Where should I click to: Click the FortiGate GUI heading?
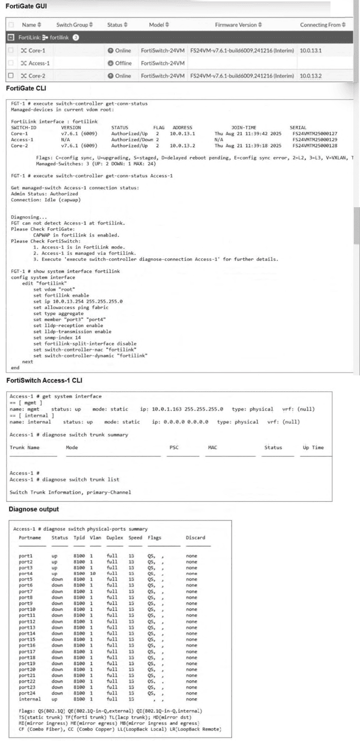click(x=26, y=6)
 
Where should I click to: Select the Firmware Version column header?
click(x=238, y=25)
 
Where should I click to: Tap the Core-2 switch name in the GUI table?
click(x=37, y=76)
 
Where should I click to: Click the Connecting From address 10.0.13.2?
click(x=311, y=76)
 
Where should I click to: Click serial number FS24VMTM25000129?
click(x=314, y=140)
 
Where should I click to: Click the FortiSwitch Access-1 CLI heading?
click(x=44, y=380)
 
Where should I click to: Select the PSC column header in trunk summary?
click(x=174, y=448)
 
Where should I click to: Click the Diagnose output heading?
click(x=34, y=509)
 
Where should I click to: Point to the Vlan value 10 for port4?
click(x=93, y=573)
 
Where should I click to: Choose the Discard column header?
click(x=195, y=537)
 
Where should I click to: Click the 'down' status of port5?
click(x=57, y=579)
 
